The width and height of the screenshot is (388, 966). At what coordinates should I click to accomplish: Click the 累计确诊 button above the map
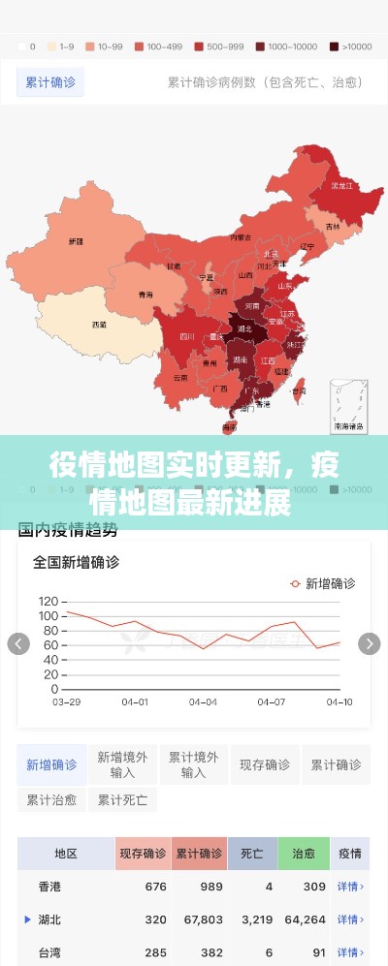pyautogui.click(x=49, y=82)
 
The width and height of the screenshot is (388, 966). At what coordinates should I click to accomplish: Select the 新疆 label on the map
pyautogui.click(x=76, y=240)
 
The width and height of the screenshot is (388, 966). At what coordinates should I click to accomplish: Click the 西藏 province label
pyautogui.click(x=99, y=325)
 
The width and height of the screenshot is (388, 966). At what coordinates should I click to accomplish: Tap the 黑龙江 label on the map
pyautogui.click(x=340, y=185)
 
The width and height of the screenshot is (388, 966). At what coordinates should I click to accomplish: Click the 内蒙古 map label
pyautogui.click(x=242, y=236)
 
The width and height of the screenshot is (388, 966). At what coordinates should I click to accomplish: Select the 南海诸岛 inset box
pyautogui.click(x=348, y=407)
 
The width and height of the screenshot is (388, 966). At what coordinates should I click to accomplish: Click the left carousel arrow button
pyautogui.click(x=18, y=643)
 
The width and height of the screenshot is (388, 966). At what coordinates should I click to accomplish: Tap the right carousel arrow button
pyautogui.click(x=369, y=643)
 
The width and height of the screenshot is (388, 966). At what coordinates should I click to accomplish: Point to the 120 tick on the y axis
pyautogui.click(x=48, y=601)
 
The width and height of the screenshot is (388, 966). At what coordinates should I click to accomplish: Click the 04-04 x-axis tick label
pyautogui.click(x=203, y=701)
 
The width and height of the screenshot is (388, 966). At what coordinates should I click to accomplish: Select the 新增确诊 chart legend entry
pyautogui.click(x=323, y=583)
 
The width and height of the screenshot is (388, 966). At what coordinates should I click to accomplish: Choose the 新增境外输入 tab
pyautogui.click(x=123, y=764)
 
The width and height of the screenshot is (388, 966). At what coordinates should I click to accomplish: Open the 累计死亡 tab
pyautogui.click(x=122, y=800)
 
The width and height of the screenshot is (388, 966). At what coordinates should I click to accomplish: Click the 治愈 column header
pyautogui.click(x=303, y=854)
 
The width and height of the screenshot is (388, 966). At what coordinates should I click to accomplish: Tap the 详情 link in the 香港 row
pyautogui.click(x=350, y=887)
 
